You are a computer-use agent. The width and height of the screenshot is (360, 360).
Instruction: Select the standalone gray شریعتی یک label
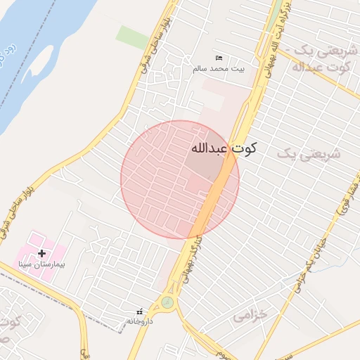click(x=308, y=153)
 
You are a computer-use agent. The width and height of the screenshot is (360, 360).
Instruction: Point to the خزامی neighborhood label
click(x=250, y=316)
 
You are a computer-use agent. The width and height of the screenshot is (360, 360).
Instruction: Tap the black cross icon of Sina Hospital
click(x=41, y=253)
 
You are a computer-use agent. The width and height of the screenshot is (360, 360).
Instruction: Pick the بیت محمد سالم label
click(x=219, y=68)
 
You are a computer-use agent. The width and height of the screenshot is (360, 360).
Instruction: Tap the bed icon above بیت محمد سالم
click(x=219, y=58)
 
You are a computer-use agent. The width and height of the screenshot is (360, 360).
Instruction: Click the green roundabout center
click(x=167, y=303)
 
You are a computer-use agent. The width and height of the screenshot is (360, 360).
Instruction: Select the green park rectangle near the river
click(x=132, y=37)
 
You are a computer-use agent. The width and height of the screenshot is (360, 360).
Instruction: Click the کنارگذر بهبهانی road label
click(x=186, y=261)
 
